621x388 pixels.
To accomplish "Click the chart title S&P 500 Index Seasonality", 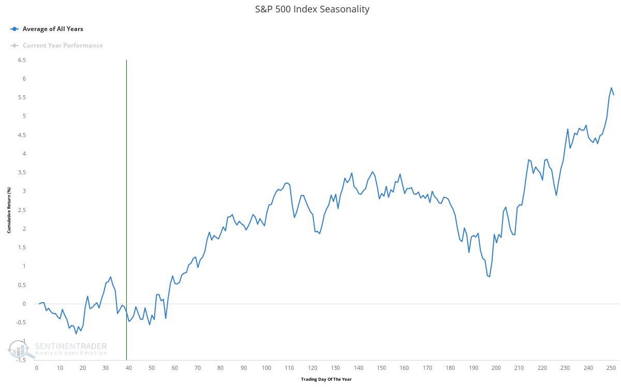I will (312, 9).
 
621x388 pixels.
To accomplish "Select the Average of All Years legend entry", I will (52, 29).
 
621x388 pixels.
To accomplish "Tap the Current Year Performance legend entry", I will (62, 46).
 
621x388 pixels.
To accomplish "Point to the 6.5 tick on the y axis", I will (22, 60).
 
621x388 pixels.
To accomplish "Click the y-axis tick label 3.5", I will (22, 172).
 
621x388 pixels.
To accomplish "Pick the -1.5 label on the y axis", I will (21, 360).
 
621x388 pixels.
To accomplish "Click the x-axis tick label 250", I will (611, 368).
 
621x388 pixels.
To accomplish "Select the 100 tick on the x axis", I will (267, 368).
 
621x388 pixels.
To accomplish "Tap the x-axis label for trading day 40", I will (129, 368).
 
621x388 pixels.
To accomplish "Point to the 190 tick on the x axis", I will (474, 368).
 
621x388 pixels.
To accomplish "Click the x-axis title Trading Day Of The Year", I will (326, 379).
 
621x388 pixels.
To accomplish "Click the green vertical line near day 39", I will (126, 207).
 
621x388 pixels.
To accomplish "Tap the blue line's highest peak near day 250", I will (611, 88).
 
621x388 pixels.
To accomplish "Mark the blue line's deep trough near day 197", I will (489, 277).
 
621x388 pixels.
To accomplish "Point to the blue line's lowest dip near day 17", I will (76, 334).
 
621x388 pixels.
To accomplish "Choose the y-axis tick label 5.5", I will (22, 97).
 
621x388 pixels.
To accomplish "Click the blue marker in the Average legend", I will (14, 29).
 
